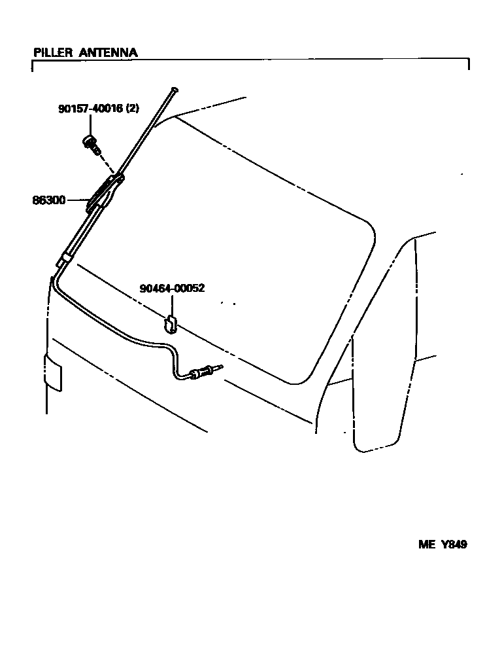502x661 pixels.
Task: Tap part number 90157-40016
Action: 90,109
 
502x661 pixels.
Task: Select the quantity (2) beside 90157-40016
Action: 132,109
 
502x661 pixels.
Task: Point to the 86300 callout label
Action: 49,200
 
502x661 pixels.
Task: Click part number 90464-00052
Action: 172,288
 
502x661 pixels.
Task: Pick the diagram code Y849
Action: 454,544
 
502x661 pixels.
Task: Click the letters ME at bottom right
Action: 427,544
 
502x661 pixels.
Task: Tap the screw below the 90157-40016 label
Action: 91,144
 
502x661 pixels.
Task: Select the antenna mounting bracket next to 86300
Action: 107,193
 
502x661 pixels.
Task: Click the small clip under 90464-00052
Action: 170,323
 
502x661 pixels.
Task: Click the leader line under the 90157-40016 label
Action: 90,125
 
